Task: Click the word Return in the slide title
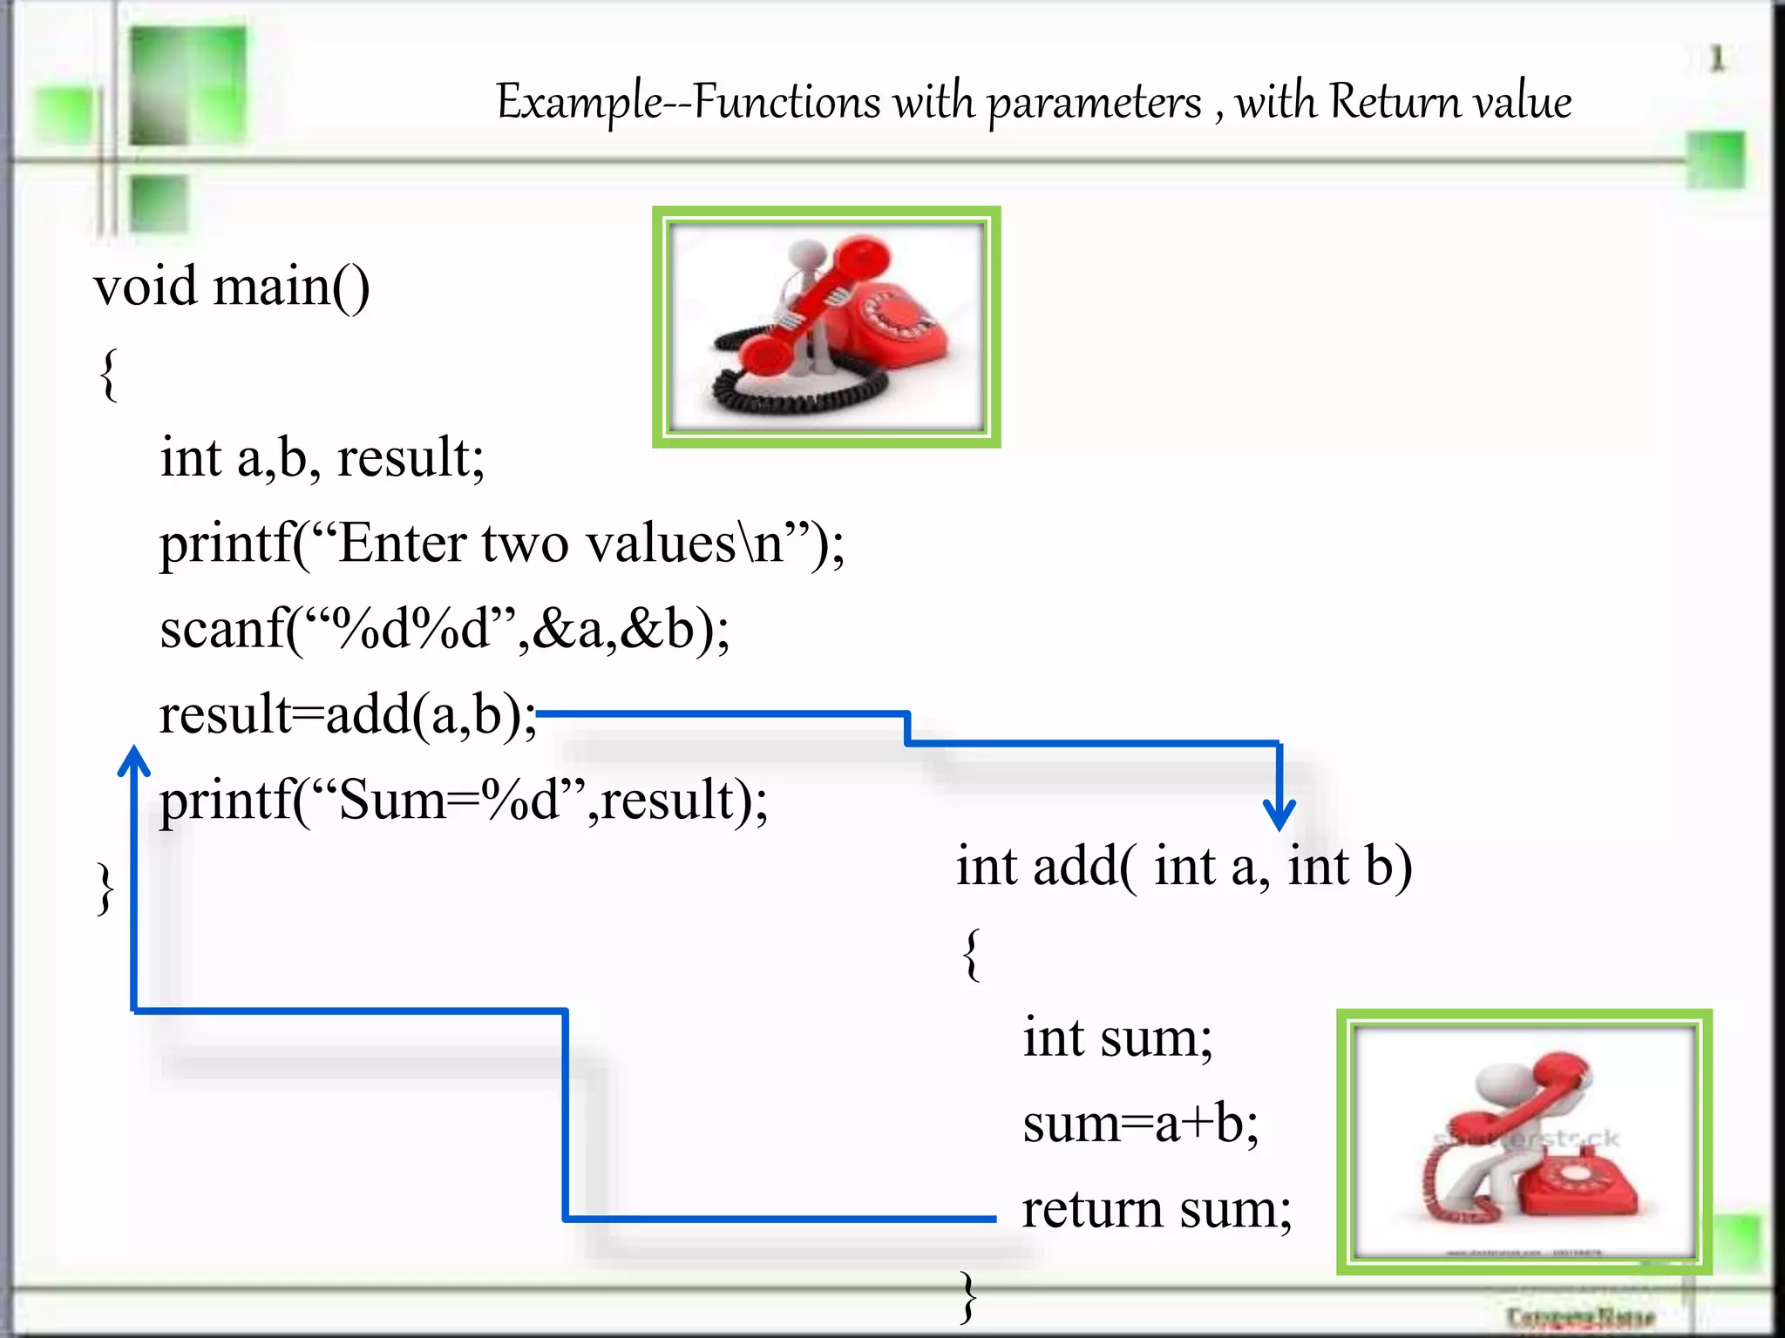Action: point(1395,102)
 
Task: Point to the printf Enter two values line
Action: point(501,543)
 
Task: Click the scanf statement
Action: point(445,628)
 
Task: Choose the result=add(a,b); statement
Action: point(348,713)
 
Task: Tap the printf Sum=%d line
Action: point(463,799)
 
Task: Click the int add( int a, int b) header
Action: point(1184,866)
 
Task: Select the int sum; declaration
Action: point(1117,1037)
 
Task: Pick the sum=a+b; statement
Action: point(1140,1123)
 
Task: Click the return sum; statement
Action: point(1157,1209)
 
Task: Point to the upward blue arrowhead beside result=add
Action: point(133,760)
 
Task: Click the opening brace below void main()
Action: point(108,375)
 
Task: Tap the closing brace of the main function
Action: point(105,889)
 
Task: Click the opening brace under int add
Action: point(972,954)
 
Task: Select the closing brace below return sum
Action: point(968,1295)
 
